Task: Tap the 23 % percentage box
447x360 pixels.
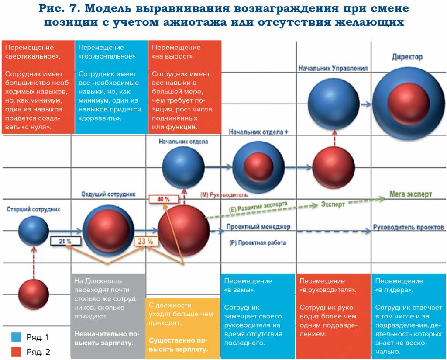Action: [145, 241]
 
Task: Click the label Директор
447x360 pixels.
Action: [406, 57]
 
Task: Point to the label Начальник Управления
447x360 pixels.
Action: [333, 68]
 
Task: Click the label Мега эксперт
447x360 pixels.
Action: [410, 194]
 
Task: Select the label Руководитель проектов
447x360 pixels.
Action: [409, 227]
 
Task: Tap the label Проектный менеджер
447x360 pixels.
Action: [258, 227]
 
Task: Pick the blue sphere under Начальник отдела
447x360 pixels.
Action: [183, 167]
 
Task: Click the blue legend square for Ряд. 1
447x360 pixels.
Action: [16, 337]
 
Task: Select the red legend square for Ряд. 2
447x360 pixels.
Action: [16, 351]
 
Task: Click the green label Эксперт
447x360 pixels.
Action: [333, 204]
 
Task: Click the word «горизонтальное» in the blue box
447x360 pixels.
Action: [107, 56]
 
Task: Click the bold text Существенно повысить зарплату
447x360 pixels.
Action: [178, 345]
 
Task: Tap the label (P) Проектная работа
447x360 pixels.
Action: [258, 242]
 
